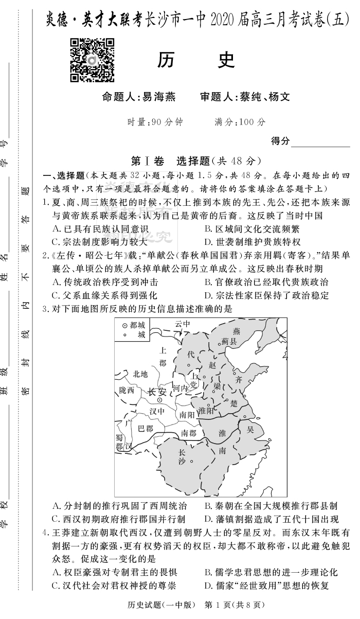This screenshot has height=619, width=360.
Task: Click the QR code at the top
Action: (x=93, y=60)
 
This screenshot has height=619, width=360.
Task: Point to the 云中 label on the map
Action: (x=182, y=324)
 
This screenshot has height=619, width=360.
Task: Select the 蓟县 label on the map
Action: (x=229, y=341)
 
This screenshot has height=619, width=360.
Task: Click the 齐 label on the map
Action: (x=238, y=380)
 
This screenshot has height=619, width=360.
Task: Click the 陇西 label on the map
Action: (x=127, y=391)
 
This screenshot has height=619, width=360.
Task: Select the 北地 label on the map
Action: (x=140, y=374)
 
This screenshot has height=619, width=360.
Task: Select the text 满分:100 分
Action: (x=240, y=122)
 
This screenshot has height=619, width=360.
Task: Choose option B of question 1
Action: (x=251, y=228)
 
